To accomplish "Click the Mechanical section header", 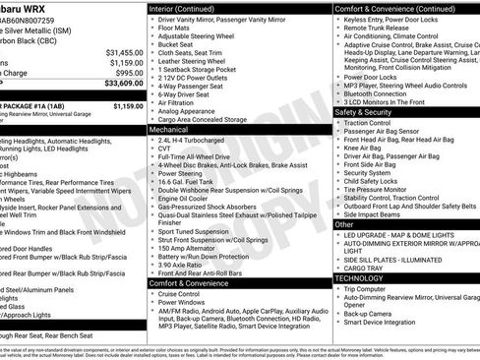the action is click(x=169, y=128).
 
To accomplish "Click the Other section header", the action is click(x=344, y=224).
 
